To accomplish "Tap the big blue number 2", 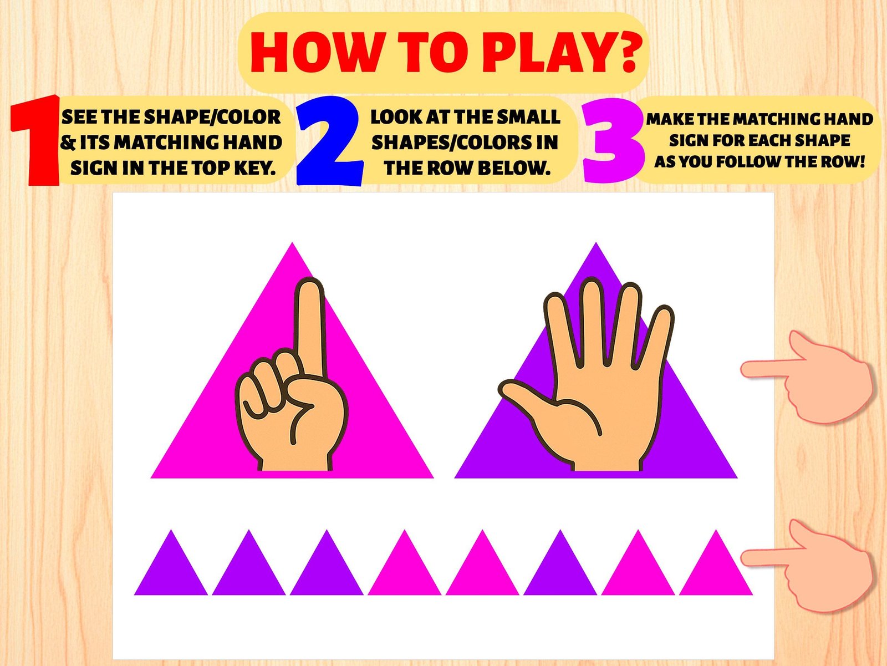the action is pyautogui.click(x=329, y=141).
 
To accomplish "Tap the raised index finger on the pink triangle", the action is pyautogui.click(x=310, y=327).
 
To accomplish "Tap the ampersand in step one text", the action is pyautogui.click(x=68, y=143).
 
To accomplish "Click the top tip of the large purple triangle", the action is pyautogui.click(x=596, y=242).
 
